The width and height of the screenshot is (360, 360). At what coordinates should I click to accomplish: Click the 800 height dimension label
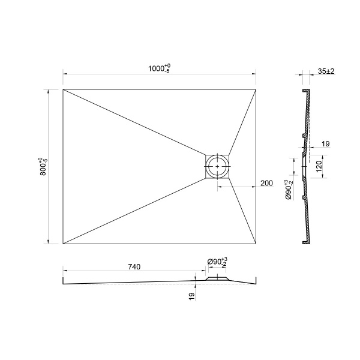pyautogui.click(x=40, y=166)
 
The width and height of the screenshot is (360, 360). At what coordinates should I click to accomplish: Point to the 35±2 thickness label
pyautogui.click(x=326, y=71)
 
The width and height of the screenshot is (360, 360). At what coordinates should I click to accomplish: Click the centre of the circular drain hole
pyautogui.click(x=217, y=166)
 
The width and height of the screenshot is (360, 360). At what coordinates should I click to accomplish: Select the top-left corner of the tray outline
pyautogui.click(x=63, y=89)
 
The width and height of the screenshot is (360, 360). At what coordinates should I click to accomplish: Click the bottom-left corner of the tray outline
pyautogui.click(x=63, y=244)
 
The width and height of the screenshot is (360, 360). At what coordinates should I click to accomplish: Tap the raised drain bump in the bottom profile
pyautogui.click(x=217, y=278)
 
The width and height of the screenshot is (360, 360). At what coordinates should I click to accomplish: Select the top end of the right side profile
pyautogui.click(x=308, y=91)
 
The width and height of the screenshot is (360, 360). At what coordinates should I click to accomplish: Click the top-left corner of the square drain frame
pyautogui.click(x=206, y=155)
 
